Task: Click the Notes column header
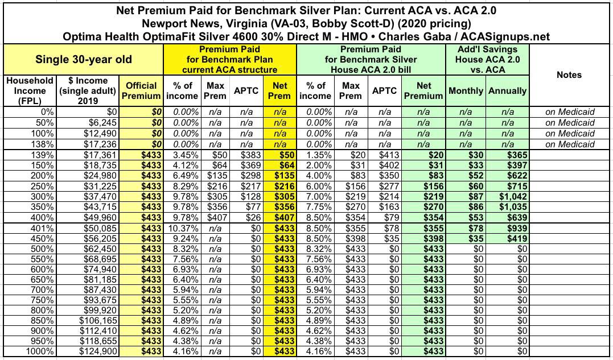tap(570, 75)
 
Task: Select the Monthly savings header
tap(466, 90)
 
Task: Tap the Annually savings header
tap(507, 90)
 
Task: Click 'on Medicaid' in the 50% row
tap(570, 123)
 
